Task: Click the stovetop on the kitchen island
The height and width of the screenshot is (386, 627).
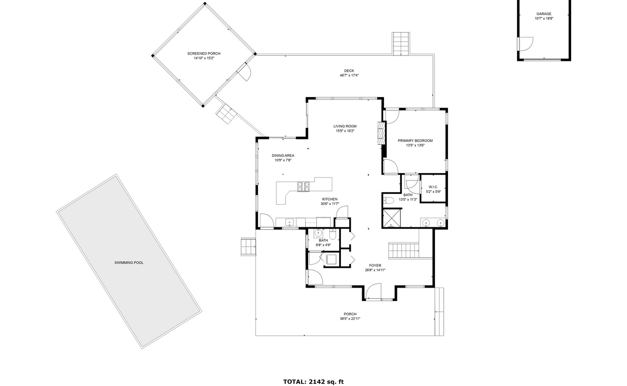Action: (x=303, y=186)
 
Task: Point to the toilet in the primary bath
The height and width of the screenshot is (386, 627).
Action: (x=389, y=200)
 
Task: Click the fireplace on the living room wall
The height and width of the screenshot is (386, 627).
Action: (x=382, y=132)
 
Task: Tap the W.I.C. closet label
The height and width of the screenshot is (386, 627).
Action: (x=433, y=187)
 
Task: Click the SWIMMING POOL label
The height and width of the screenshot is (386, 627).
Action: (x=129, y=262)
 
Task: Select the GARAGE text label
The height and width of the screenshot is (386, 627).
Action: (x=544, y=14)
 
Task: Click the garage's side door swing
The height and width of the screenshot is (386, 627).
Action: (x=525, y=43)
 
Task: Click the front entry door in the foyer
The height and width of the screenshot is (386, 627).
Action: (x=373, y=292)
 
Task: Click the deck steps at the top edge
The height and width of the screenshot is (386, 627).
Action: (x=400, y=43)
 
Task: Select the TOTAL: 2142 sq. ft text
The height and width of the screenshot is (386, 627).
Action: (x=313, y=382)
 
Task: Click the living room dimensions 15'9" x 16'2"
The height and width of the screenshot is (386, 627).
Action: (x=345, y=131)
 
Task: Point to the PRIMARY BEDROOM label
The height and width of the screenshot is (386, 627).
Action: (x=415, y=141)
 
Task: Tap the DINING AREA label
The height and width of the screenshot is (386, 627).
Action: (x=283, y=155)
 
